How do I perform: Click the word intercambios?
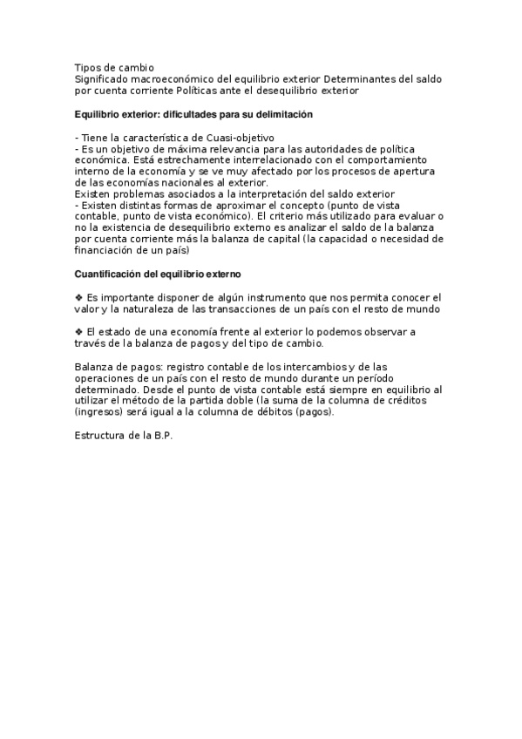(x=284, y=367)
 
